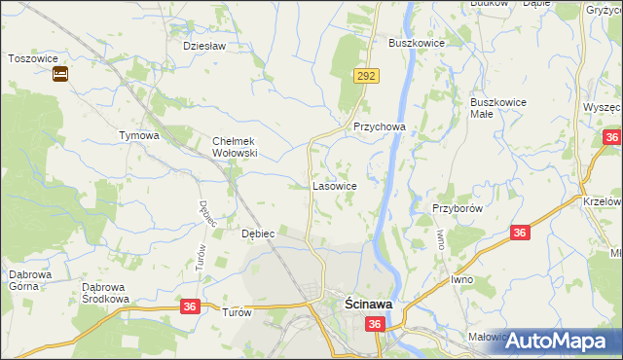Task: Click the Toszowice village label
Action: (x=30, y=57)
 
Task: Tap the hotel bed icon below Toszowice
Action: (x=59, y=74)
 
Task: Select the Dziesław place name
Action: (x=204, y=46)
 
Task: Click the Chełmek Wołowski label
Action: (x=234, y=147)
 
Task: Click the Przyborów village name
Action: (x=458, y=208)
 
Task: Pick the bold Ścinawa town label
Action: (x=369, y=305)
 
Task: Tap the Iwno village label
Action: (x=462, y=279)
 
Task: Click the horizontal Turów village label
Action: (x=237, y=312)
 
